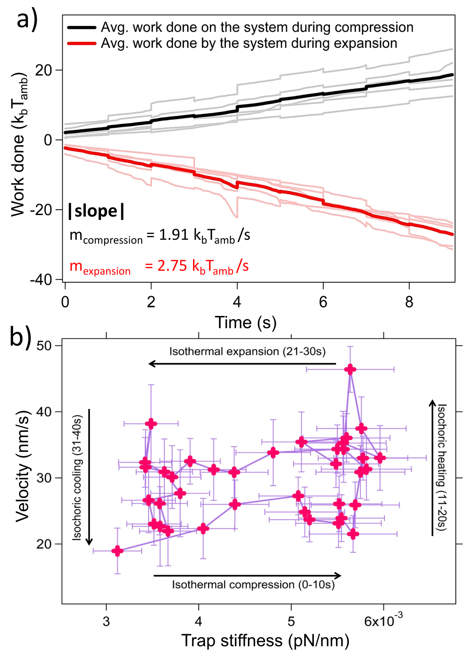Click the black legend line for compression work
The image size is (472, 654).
[x=81, y=27]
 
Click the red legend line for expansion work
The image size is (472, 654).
[x=81, y=43]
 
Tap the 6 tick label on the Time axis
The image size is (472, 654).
[x=323, y=302]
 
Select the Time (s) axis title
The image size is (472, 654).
[x=245, y=323]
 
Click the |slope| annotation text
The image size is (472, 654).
[x=96, y=211]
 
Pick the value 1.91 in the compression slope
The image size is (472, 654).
[x=174, y=235]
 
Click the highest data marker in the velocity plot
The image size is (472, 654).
[x=350, y=369]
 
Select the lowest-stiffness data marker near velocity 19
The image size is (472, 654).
[x=117, y=551]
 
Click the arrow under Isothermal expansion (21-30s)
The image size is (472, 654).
[x=242, y=364]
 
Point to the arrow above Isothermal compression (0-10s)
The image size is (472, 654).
[x=248, y=576]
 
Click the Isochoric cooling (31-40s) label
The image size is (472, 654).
[x=77, y=478]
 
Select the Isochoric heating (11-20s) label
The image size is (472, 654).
[x=442, y=467]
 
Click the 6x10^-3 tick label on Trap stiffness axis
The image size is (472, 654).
[x=383, y=620]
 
